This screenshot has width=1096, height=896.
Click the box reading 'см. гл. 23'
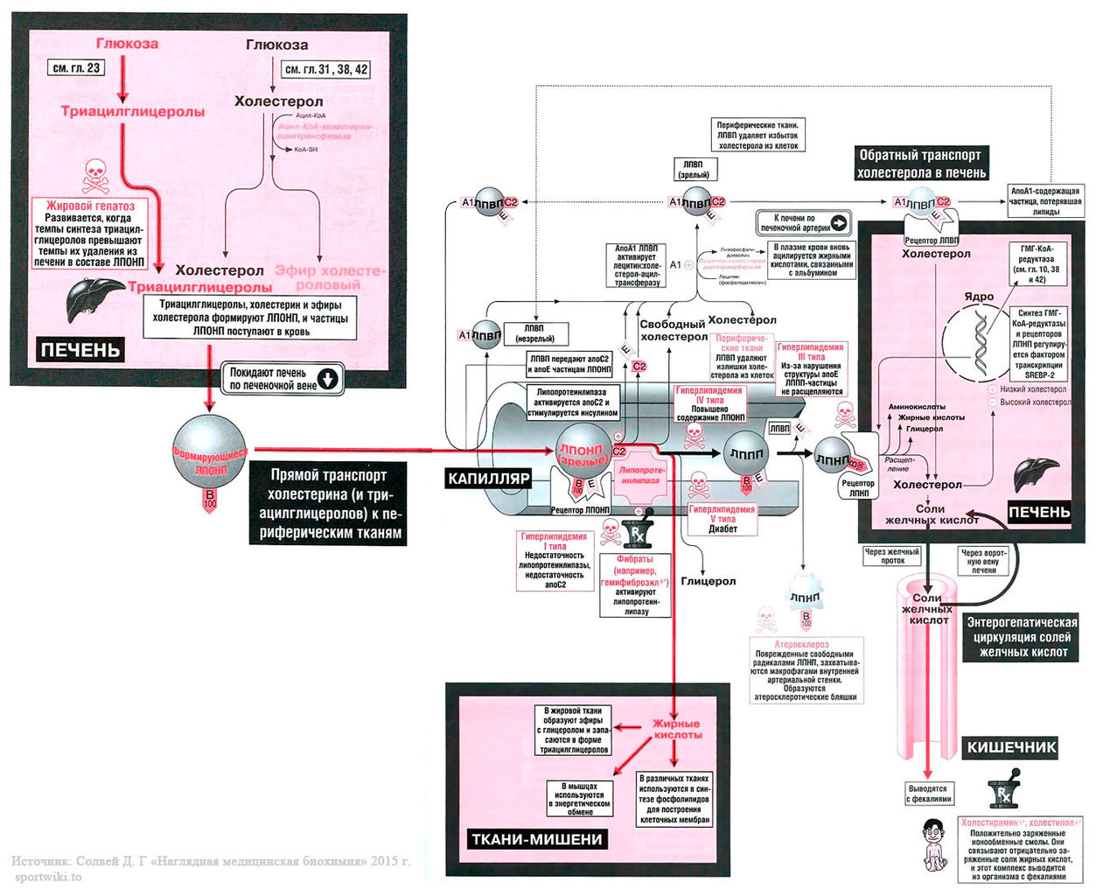pyautogui.click(x=77, y=67)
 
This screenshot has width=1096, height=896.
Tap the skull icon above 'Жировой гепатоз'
pyautogui.click(x=94, y=177)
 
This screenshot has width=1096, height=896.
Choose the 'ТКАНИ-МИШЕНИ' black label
pyautogui.click(x=536, y=839)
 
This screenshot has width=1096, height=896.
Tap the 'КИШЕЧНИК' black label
pyautogui.click(x=1011, y=747)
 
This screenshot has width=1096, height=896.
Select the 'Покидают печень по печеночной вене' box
pyautogui.click(x=282, y=379)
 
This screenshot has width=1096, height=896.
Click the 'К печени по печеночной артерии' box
pyautogui.click(x=804, y=222)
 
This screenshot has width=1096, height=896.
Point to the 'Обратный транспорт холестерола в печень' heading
pyautogui.click(x=920, y=164)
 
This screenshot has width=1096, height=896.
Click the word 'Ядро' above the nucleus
pyautogui.click(x=979, y=297)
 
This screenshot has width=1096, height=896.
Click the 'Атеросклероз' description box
pyautogui.click(x=806, y=671)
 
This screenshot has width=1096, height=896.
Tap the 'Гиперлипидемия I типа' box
pyautogui.click(x=555, y=561)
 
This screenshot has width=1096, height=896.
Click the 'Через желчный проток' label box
pyautogui.click(x=892, y=556)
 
